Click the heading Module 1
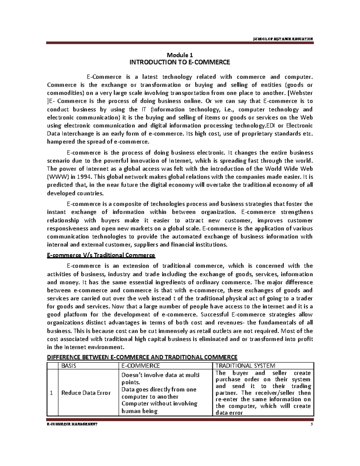180,55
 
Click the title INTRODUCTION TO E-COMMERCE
179,62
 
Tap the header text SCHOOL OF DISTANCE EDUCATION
283,39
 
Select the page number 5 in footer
312,424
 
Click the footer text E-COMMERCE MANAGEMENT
72,424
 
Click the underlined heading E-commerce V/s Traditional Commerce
101,255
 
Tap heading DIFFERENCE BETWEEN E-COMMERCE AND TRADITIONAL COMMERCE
142,357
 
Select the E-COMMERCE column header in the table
140,366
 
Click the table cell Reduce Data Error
86,393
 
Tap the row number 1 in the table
52,393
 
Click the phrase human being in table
139,411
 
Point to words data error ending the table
229,413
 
